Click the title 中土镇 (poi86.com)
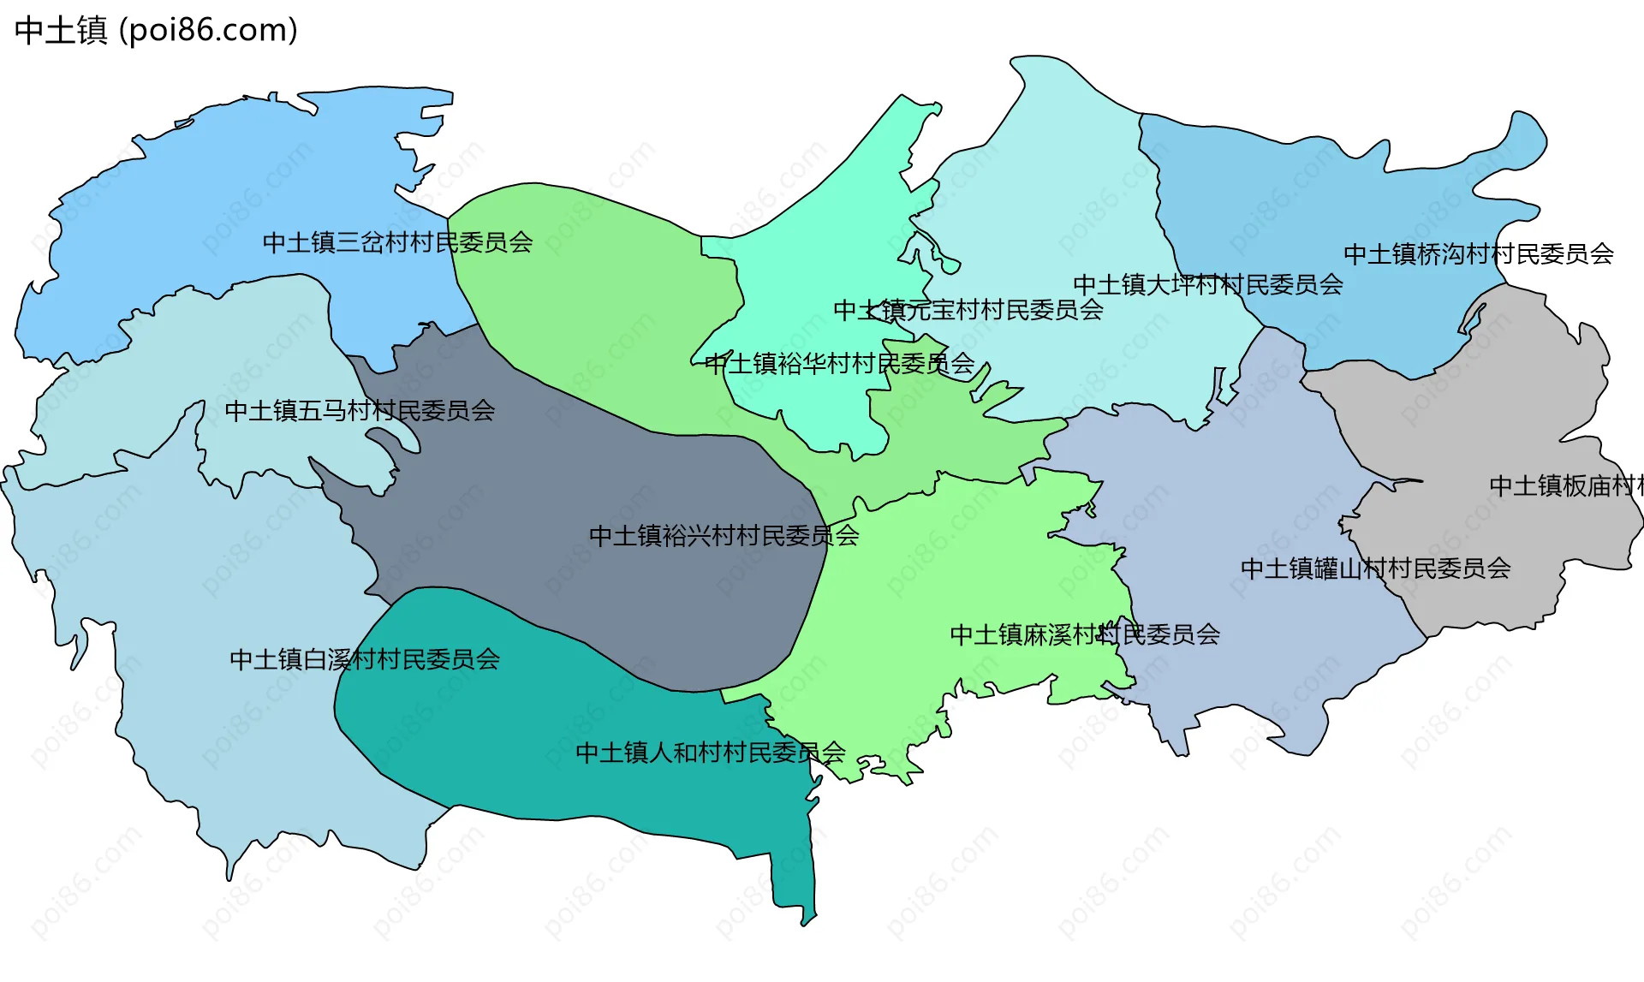(156, 30)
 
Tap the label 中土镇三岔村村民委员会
(397, 242)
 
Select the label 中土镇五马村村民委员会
(360, 411)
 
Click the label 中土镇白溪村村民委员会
(365, 659)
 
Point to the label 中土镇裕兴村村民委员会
(724, 536)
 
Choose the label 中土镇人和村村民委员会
(710, 753)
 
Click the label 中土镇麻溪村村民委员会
(1085, 634)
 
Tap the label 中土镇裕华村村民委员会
(840, 364)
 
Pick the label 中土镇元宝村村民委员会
(968, 310)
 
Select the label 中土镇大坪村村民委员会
(1207, 284)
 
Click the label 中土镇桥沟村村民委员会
(1478, 253)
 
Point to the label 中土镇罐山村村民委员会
(1375, 568)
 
